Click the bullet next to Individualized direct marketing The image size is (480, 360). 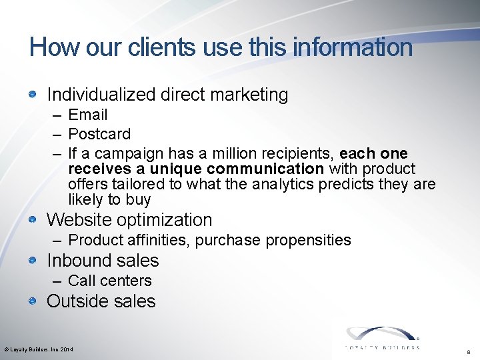(32, 95)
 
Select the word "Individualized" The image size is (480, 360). (101, 95)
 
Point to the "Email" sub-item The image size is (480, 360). (87, 115)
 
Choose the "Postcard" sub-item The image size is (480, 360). (99, 134)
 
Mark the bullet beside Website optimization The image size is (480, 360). (32, 219)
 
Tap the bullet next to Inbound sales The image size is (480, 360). (32, 260)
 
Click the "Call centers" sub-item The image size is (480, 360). (110, 281)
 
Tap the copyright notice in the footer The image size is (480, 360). (39, 349)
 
